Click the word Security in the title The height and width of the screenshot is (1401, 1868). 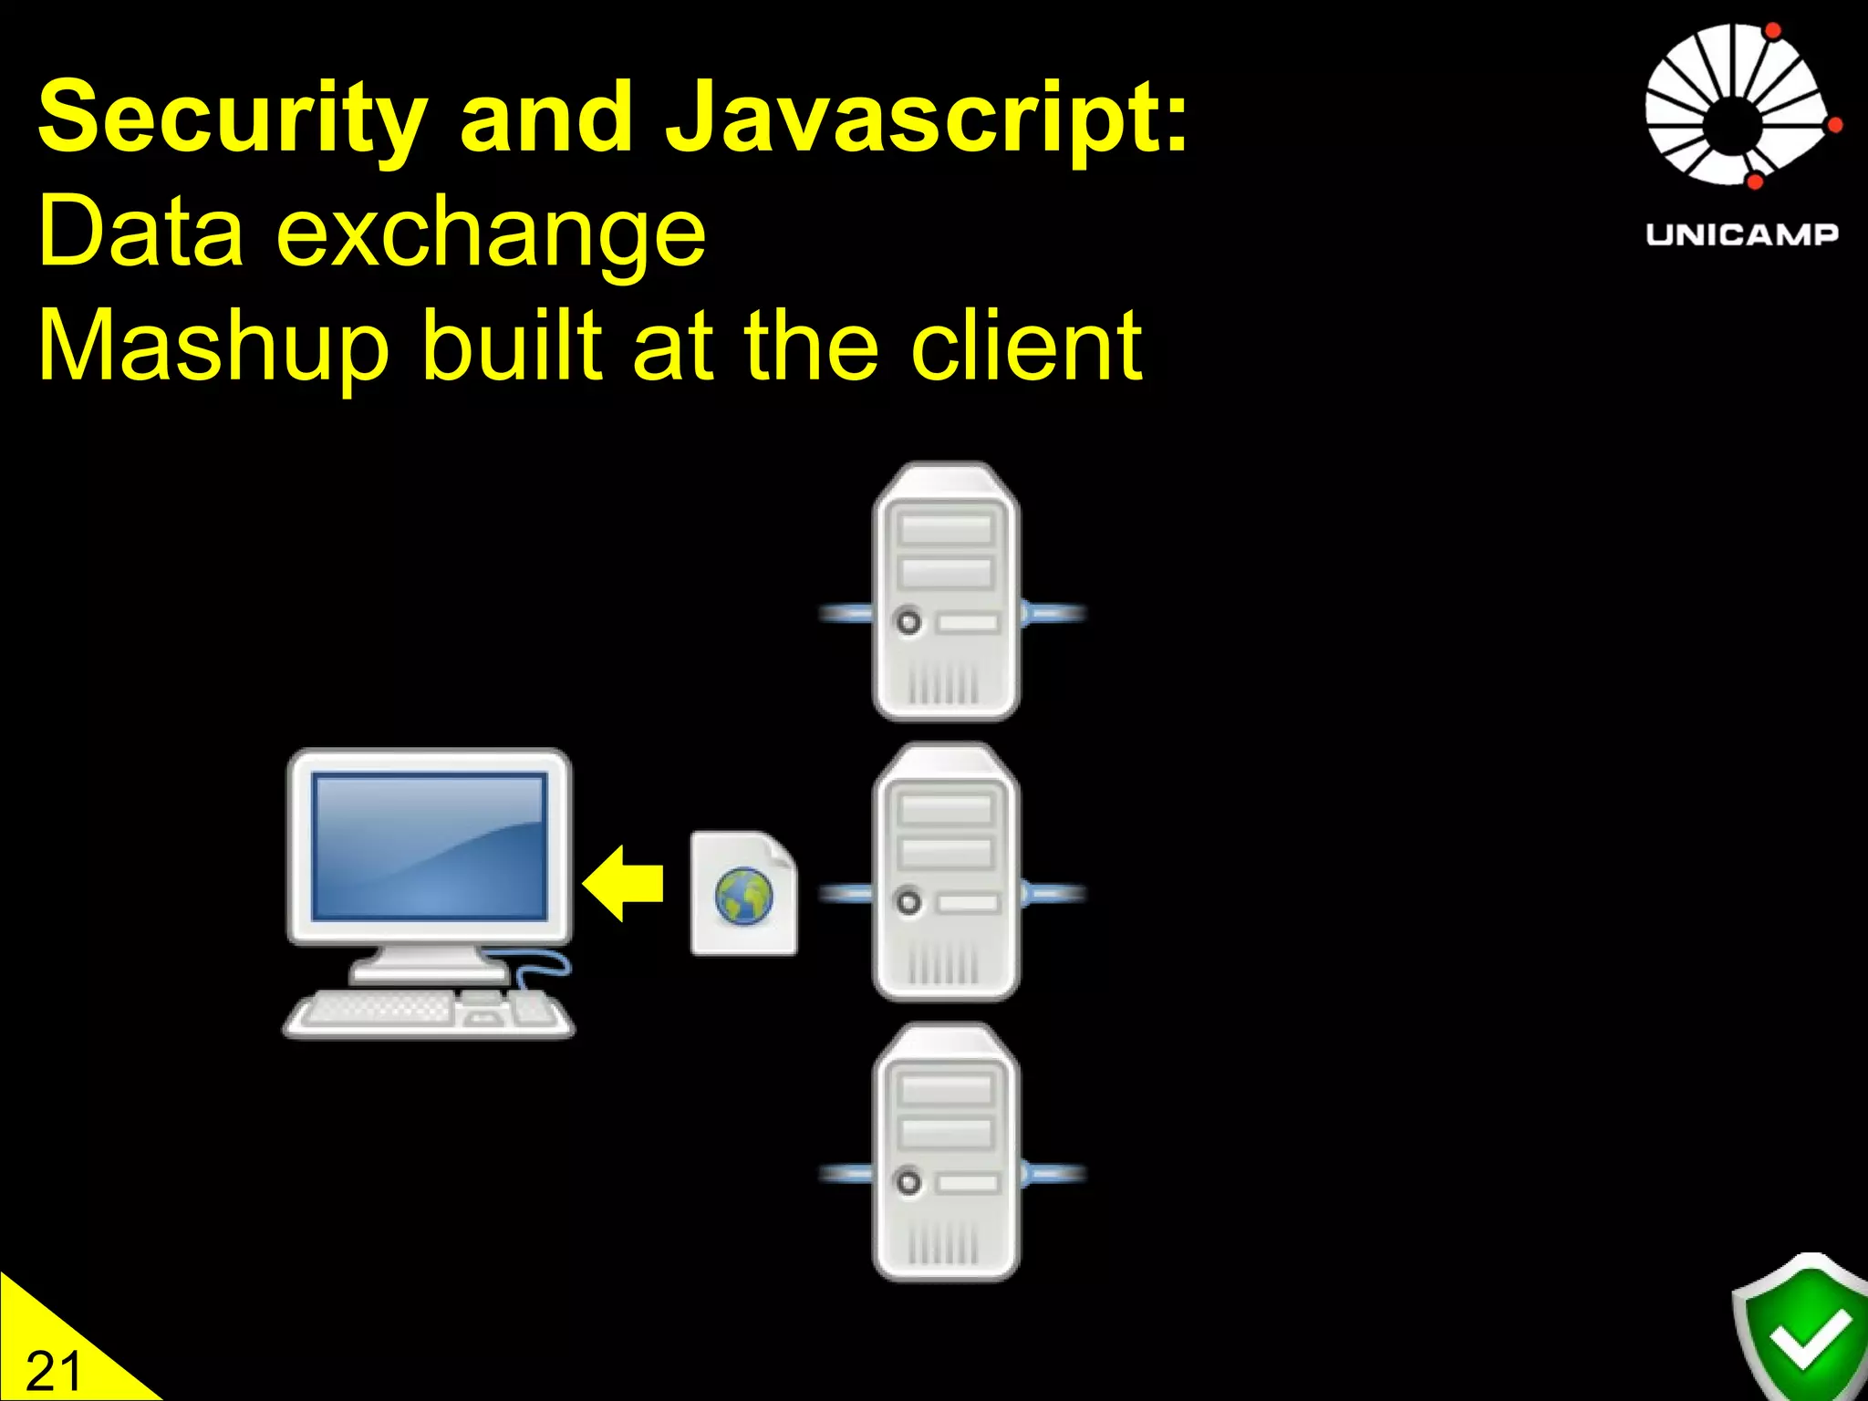(232, 119)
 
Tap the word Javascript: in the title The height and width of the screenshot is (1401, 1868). (927, 119)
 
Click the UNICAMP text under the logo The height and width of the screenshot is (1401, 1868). (1741, 234)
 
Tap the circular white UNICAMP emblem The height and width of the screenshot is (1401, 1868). (1738, 105)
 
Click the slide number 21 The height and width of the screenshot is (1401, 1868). (53, 1371)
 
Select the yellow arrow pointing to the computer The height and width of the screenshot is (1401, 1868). (624, 883)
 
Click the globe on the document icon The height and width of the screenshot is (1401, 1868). (743, 897)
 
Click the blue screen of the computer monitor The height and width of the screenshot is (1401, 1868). (429, 846)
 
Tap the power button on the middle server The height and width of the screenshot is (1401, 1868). (908, 902)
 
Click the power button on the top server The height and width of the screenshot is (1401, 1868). (908, 622)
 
